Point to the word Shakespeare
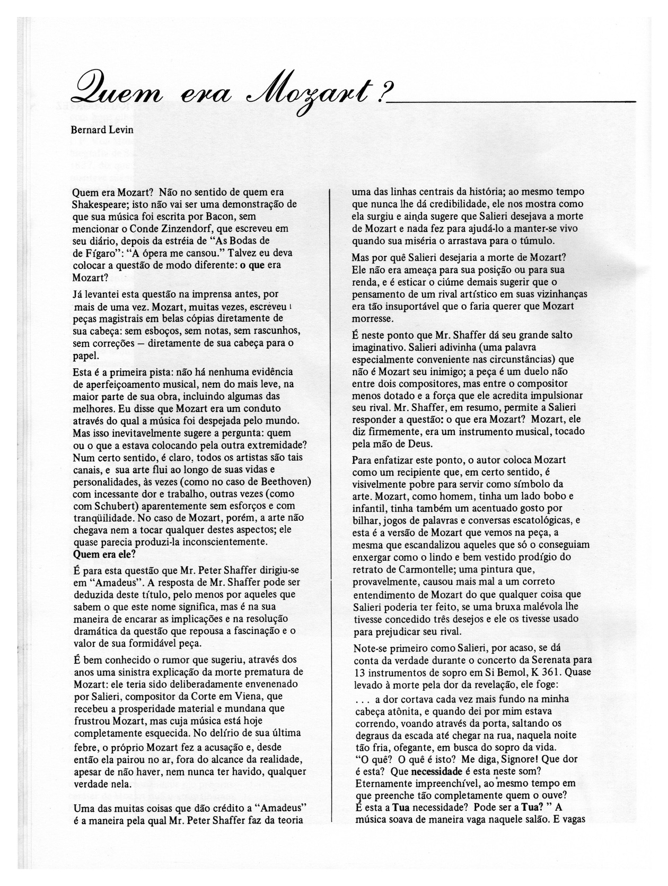coord(97,204)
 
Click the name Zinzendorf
coord(167,229)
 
